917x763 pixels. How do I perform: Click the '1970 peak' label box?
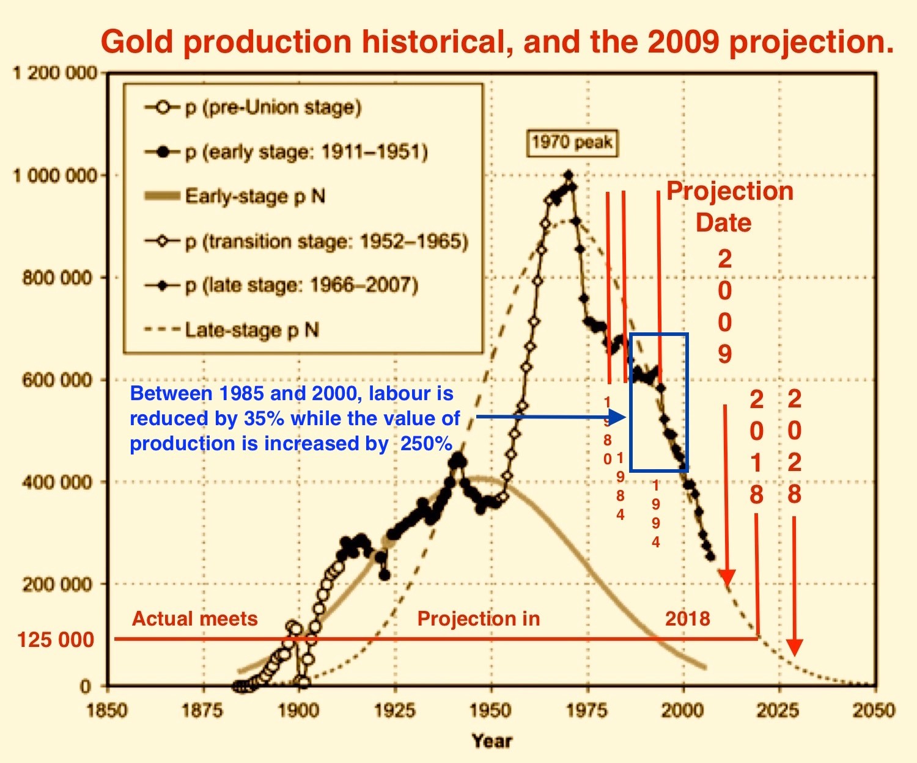572,143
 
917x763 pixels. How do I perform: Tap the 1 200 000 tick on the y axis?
55,73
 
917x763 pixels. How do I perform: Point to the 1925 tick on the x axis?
395,710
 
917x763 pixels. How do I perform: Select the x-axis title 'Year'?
492,741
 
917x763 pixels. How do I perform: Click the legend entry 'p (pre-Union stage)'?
273,108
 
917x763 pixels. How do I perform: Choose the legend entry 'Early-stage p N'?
255,196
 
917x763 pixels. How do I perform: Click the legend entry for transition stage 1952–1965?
326,241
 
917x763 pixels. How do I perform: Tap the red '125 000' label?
56,640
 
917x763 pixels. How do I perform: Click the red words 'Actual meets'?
195,619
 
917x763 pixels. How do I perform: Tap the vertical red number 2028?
794,447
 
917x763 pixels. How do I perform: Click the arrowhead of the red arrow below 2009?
726,577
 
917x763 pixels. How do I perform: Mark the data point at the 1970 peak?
569,175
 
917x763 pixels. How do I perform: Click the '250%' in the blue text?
426,444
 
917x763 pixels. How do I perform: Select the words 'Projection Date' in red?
729,206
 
